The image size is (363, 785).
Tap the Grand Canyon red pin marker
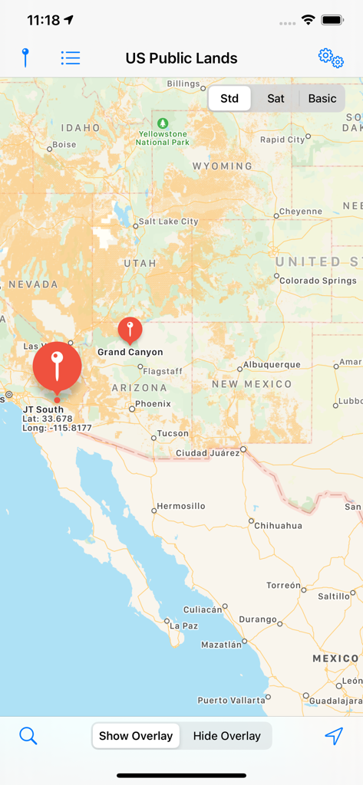[130, 330]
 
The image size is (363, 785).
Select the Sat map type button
[276, 98]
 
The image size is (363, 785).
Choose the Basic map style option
[322, 98]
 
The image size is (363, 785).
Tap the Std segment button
[229, 98]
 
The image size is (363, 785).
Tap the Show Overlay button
[136, 736]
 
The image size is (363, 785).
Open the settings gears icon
[331, 57]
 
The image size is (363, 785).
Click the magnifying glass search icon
[28, 736]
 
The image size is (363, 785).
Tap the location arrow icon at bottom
[333, 736]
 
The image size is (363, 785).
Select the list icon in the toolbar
[71, 57]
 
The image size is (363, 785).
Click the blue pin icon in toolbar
[25, 57]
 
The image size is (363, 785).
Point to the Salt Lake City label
[167, 222]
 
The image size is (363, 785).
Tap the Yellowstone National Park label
[163, 138]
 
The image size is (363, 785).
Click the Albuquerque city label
[271, 365]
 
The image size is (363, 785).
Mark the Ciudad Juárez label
[207, 453]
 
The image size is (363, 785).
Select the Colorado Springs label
[318, 281]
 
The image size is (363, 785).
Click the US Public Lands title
[181, 58]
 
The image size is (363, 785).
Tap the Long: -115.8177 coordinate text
[57, 428]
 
